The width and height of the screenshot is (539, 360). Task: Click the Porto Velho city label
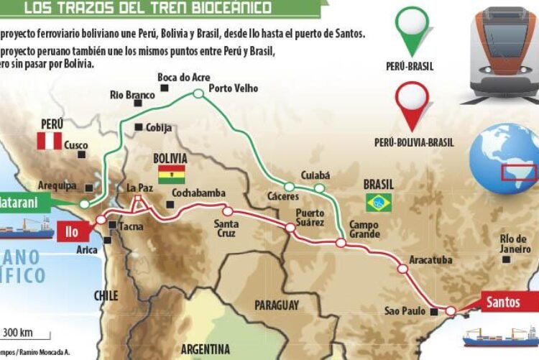coord(233,89)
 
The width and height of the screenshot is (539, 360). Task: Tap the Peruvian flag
coord(50,141)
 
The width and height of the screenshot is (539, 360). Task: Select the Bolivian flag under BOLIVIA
coord(172,175)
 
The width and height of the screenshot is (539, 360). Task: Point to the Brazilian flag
coord(379,203)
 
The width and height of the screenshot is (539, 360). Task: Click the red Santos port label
coord(502,302)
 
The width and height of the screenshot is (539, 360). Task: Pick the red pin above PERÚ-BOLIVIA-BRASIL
coord(414,105)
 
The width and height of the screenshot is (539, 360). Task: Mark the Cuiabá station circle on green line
coord(319,188)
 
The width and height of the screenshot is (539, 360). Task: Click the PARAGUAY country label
coord(276,305)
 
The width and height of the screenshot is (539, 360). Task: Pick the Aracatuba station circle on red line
coord(402,269)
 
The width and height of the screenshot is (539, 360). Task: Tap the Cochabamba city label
coord(199,193)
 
